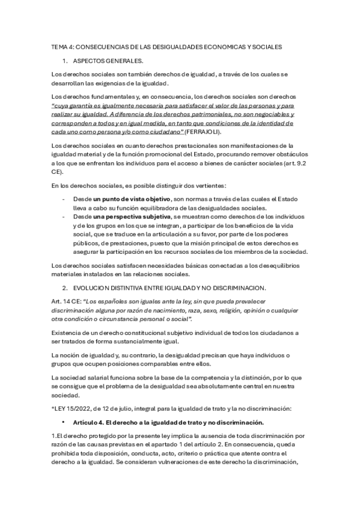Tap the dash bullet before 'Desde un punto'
coord(64,198)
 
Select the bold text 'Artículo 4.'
coord(89,422)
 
